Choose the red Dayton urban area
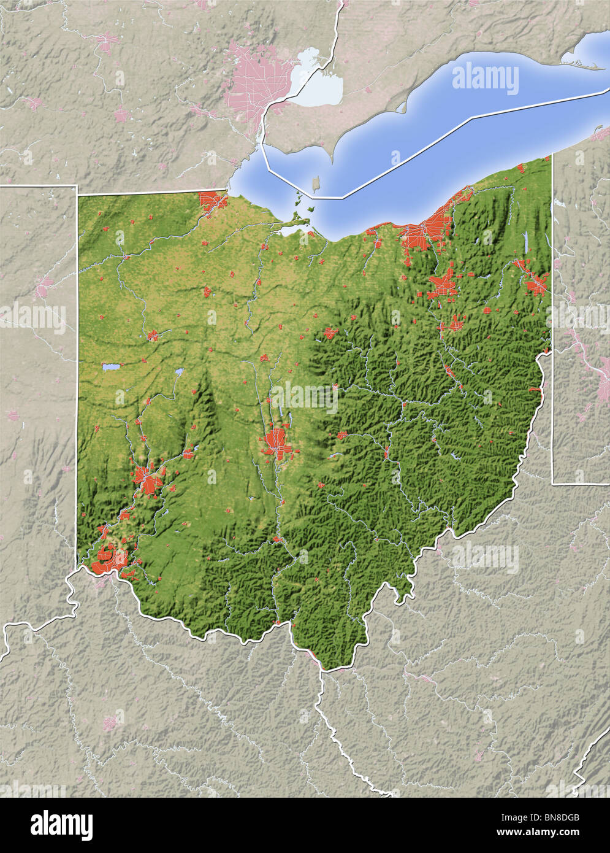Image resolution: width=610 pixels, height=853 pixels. [x=147, y=480]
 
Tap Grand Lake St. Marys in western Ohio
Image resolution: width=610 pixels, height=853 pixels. [x=112, y=368]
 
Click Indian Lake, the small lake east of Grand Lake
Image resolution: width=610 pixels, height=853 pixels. [x=179, y=372]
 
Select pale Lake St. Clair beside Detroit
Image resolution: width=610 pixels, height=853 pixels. [x=318, y=87]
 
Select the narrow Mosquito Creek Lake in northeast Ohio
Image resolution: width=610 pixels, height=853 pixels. [x=525, y=242]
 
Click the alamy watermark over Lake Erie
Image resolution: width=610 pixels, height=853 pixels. [x=485, y=79]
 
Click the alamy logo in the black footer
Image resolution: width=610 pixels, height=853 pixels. [x=62, y=823]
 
